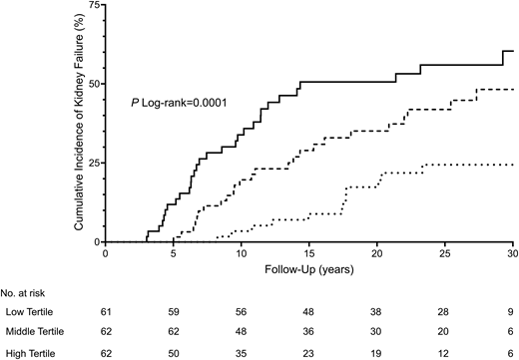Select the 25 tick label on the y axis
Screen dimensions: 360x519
pyautogui.click(x=94, y=163)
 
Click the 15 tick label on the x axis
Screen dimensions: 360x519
pyautogui.click(x=309, y=253)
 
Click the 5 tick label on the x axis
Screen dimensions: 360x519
pyautogui.click(x=175, y=253)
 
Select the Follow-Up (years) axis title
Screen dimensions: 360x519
pyautogui.click(x=308, y=269)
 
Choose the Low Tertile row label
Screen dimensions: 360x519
pyautogui.click(x=27, y=314)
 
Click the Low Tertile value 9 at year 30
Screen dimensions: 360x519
pyautogui.click(x=511, y=314)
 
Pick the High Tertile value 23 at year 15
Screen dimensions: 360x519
pyautogui.click(x=309, y=353)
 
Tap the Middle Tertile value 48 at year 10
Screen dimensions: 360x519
pyautogui.click(x=242, y=334)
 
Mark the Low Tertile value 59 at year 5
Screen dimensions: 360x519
pyautogui.click(x=175, y=314)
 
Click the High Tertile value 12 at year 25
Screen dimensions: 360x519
pyautogui.click(x=444, y=353)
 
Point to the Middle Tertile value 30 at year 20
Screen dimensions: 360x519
pyautogui.click(x=376, y=334)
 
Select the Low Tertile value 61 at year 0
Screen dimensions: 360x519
pyautogui.click(x=107, y=314)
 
